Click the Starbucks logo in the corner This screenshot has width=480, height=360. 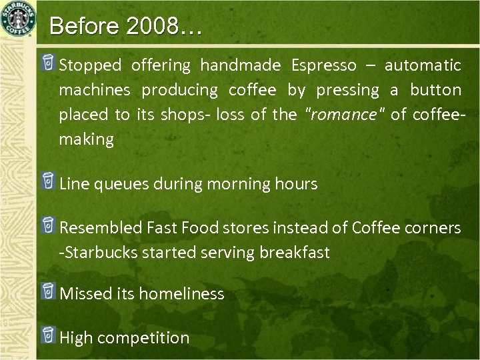19,19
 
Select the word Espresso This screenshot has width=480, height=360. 323,65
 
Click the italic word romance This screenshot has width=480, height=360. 341,115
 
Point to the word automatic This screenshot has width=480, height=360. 422,65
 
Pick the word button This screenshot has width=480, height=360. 435,90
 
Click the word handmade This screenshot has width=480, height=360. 241,65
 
